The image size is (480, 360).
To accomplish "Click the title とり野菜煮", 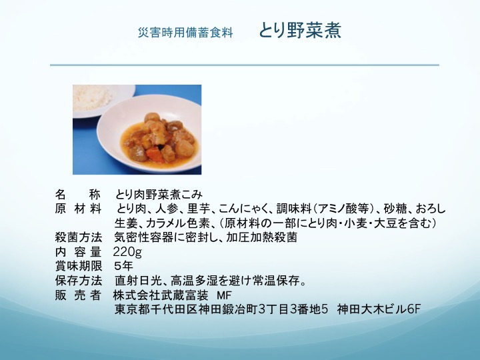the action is [300, 31].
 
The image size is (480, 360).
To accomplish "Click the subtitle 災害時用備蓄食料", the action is [185, 33].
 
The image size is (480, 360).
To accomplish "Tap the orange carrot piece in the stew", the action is [155, 154].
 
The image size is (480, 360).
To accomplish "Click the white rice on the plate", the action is [92, 97].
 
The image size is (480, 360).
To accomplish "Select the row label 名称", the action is [78, 195].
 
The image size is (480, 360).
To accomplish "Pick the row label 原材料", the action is [78, 209].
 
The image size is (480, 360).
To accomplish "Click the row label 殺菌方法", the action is [79, 237].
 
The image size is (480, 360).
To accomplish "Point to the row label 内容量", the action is [78, 251].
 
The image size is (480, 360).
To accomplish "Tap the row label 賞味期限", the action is [79, 266].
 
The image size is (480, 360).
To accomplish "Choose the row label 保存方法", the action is [79, 281].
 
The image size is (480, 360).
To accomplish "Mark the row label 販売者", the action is [78, 295].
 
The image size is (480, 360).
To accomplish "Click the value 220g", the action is [127, 252].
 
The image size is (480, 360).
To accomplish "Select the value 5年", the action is [124, 266].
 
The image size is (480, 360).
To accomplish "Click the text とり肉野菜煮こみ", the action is [159, 195].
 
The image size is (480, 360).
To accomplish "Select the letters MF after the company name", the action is [224, 295].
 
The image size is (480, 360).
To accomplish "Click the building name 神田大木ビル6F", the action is [379, 309].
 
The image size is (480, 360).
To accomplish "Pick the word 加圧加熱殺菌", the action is [262, 237].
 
